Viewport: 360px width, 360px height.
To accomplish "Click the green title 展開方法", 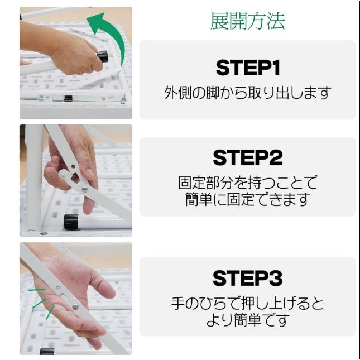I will [x=247, y=21].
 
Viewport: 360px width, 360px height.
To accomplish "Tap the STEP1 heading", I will [x=247, y=68].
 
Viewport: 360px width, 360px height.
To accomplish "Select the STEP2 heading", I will [x=247, y=158].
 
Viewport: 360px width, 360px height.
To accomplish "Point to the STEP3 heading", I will [x=247, y=277].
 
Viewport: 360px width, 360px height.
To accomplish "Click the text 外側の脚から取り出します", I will [x=247, y=93].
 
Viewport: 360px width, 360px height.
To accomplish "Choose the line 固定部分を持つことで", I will [x=247, y=183].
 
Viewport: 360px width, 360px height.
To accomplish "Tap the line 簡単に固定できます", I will [x=247, y=200].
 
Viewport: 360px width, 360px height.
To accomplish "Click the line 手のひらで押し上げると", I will [x=247, y=304].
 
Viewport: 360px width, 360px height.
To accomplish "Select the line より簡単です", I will [x=247, y=321].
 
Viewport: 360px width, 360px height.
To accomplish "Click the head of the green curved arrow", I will [x=95, y=22].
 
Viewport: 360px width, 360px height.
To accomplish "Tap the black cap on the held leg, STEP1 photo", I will [x=103, y=56].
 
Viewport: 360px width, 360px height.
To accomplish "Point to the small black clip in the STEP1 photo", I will [x=68, y=98].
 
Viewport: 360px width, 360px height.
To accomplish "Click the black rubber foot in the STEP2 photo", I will [x=71, y=222].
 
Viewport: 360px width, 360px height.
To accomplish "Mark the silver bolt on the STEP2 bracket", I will [x=84, y=189].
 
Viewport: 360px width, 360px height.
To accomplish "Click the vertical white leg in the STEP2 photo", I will [x=33, y=179].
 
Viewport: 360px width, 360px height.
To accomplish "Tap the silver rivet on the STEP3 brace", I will [x=75, y=306].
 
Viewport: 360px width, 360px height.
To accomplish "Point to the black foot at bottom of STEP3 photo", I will [x=47, y=351].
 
